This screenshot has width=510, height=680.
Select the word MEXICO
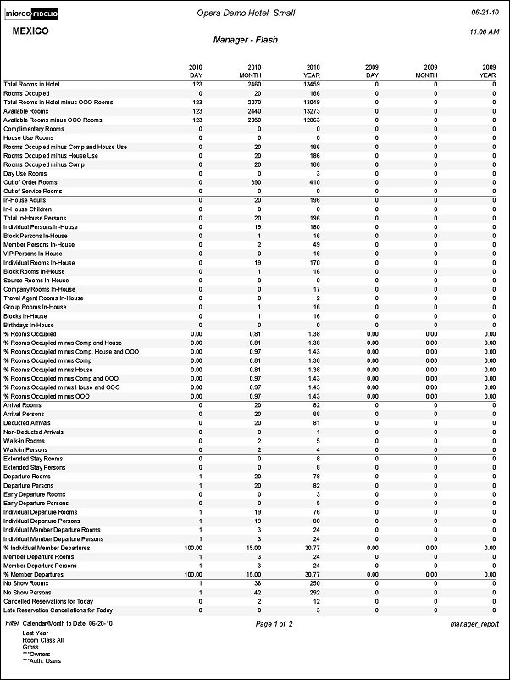click(x=30, y=31)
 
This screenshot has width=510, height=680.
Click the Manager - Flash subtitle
click(x=246, y=40)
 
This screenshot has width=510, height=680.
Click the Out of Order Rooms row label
click(x=30, y=182)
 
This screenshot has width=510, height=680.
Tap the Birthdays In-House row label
click(x=29, y=325)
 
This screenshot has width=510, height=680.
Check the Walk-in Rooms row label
click(x=24, y=441)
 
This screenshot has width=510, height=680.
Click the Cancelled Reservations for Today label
click(x=47, y=601)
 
